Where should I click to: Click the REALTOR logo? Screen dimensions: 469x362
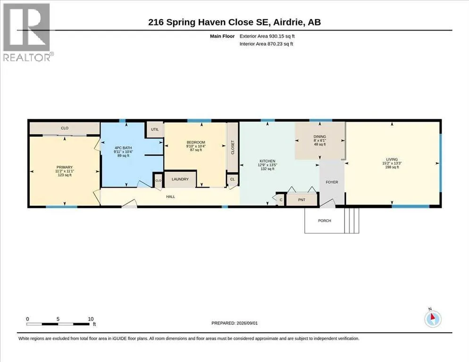tap(26, 32)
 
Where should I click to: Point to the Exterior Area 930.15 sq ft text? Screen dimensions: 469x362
tap(267, 36)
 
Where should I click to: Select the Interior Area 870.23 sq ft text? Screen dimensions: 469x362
tap(266, 44)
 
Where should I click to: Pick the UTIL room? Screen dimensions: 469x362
tap(155, 130)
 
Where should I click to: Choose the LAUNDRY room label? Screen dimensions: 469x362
tap(180, 179)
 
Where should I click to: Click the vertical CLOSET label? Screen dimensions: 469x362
tap(233, 148)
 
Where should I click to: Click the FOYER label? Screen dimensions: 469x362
tap(332, 182)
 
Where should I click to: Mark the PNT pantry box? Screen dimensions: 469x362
tap(301, 200)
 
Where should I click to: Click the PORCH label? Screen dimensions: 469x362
tap(325, 221)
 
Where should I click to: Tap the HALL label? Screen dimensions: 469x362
tap(170, 197)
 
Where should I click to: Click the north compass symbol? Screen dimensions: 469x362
tap(433, 319)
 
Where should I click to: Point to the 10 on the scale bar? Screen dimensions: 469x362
tap(91, 319)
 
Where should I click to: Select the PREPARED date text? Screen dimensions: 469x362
tap(234, 323)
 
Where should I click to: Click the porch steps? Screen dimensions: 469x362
tap(352, 221)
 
